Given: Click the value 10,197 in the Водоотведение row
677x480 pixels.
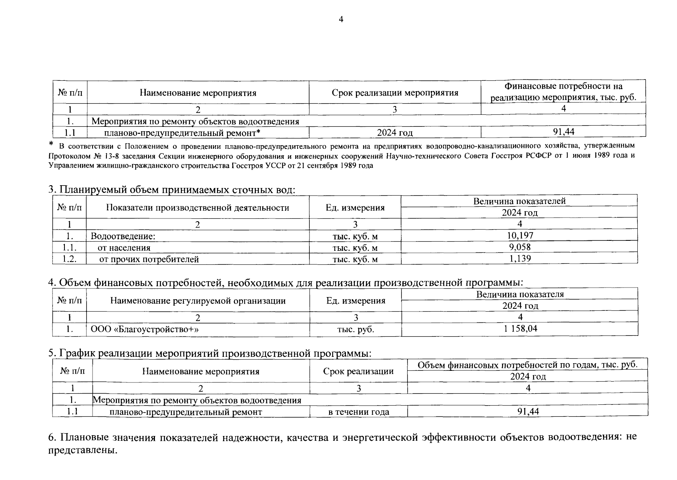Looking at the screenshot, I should (520, 236).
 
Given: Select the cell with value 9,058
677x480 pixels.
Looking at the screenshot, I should (520, 247).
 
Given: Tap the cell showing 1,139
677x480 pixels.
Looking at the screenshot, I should (520, 258).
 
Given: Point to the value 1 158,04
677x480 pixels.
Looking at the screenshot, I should (520, 329).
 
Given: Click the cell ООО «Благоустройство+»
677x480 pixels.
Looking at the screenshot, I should (145, 329).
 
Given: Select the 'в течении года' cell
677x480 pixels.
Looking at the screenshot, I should (358, 412).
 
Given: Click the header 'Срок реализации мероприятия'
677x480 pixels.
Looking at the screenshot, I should (395, 93).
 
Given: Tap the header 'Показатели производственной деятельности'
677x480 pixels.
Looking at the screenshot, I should (198, 208).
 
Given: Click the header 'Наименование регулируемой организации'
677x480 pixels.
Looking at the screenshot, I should (198, 300).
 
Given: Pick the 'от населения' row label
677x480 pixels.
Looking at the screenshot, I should (124, 248).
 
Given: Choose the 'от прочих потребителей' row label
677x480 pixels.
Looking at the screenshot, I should (149, 259).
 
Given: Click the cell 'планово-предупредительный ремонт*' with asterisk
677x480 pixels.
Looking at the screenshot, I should (183, 132).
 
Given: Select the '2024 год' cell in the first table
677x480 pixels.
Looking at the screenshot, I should (395, 132).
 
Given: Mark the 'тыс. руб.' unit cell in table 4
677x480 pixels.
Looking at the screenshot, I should (356, 329).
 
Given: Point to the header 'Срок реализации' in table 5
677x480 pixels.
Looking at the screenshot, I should (358, 371).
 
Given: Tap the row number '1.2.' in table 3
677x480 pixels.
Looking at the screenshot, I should (70, 259).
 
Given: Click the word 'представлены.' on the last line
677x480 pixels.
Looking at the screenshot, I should (83, 450).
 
